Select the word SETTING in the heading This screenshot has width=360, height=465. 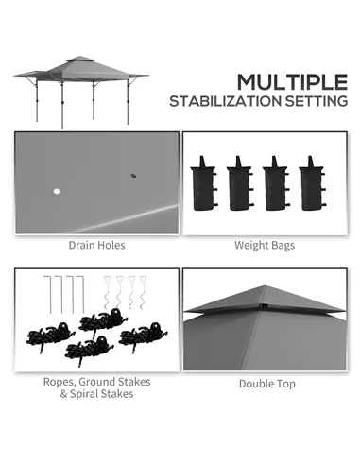312,101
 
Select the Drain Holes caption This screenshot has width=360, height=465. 96,245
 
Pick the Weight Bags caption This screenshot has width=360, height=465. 265,245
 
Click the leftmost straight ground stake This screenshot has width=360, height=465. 47,292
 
